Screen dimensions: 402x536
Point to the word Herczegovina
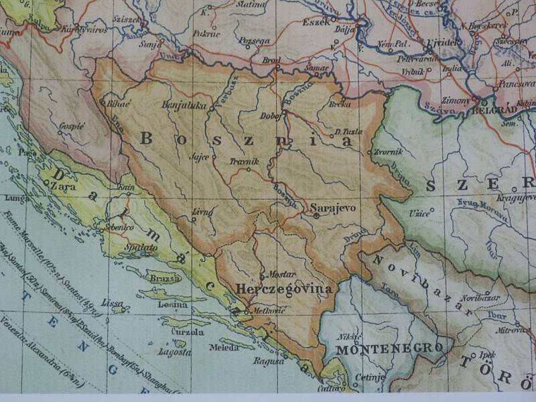click(285, 289)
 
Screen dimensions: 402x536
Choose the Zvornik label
click(387, 151)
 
